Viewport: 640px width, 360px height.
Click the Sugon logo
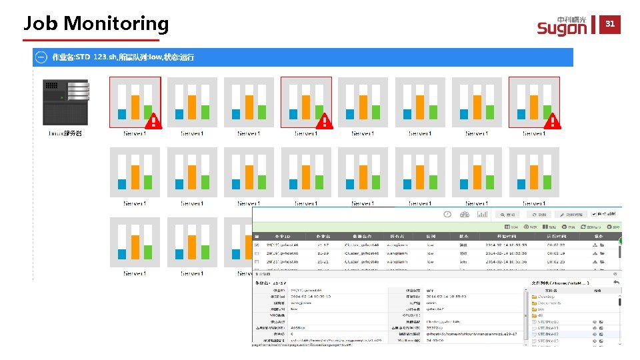pyautogui.click(x=561, y=26)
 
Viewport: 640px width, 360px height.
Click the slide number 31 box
pyautogui.click(x=609, y=24)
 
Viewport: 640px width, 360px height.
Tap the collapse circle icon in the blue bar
pyautogui.click(x=41, y=57)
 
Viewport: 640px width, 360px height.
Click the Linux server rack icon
pyautogui.click(x=65, y=102)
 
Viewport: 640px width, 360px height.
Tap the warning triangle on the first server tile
pyautogui.click(x=153, y=121)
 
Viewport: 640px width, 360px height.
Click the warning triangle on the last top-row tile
pyautogui.click(x=552, y=121)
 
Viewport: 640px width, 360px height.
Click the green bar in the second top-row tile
pyautogui.click(x=205, y=112)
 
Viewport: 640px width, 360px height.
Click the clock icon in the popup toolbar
pyautogui.click(x=447, y=215)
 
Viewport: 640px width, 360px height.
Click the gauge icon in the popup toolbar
pyautogui.click(x=465, y=215)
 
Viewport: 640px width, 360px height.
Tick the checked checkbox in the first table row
pyautogui.click(x=257, y=245)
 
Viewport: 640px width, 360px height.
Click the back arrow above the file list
pyautogui.click(x=617, y=283)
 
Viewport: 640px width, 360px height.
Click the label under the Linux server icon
pyautogui.click(x=65, y=133)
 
